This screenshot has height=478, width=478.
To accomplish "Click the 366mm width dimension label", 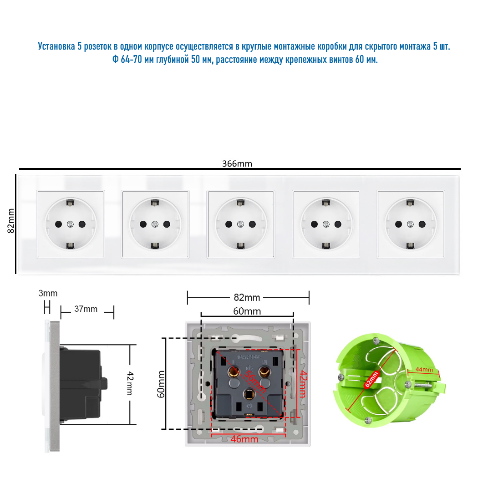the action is click(x=237, y=164).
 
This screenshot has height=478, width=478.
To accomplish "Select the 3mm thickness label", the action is click(x=48, y=294).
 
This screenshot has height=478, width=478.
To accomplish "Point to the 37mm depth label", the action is click(x=86, y=309).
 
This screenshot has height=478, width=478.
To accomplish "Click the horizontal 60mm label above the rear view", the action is click(x=247, y=311).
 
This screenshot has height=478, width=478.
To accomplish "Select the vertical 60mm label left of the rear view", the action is click(x=161, y=384).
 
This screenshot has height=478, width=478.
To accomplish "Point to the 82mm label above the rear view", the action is click(x=247, y=298).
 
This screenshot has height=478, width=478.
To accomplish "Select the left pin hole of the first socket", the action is click(x=59, y=224).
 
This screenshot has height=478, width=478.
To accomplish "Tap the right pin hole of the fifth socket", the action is click(x=422, y=224).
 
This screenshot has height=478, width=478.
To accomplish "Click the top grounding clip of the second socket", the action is click(x=155, y=202).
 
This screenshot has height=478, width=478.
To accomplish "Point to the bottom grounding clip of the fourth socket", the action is click(x=326, y=246).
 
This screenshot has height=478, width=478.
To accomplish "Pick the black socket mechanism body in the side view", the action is click(x=81, y=383).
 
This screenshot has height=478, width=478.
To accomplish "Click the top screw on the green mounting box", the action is click(x=375, y=340).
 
